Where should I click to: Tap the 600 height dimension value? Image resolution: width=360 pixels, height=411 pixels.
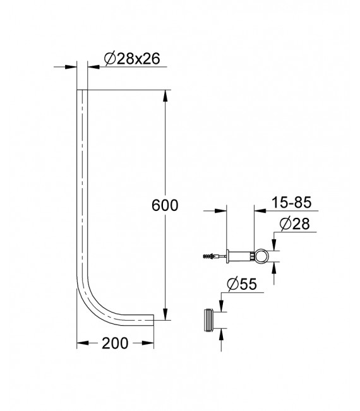pyautogui.click(x=165, y=206)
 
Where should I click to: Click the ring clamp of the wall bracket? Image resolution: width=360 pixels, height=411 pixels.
pyautogui.click(x=260, y=256)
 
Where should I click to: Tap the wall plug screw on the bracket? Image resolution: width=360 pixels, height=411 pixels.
pyautogui.click(x=210, y=257)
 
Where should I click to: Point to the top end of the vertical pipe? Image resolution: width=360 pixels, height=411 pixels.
pyautogui.click(x=82, y=92)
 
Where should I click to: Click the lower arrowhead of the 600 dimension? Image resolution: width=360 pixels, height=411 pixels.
pyautogui.click(x=165, y=316)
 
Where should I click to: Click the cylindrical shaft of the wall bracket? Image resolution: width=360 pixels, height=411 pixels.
pyautogui.click(x=240, y=257)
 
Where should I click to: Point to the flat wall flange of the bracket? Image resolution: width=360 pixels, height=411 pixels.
pyautogui.click(x=227, y=257)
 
